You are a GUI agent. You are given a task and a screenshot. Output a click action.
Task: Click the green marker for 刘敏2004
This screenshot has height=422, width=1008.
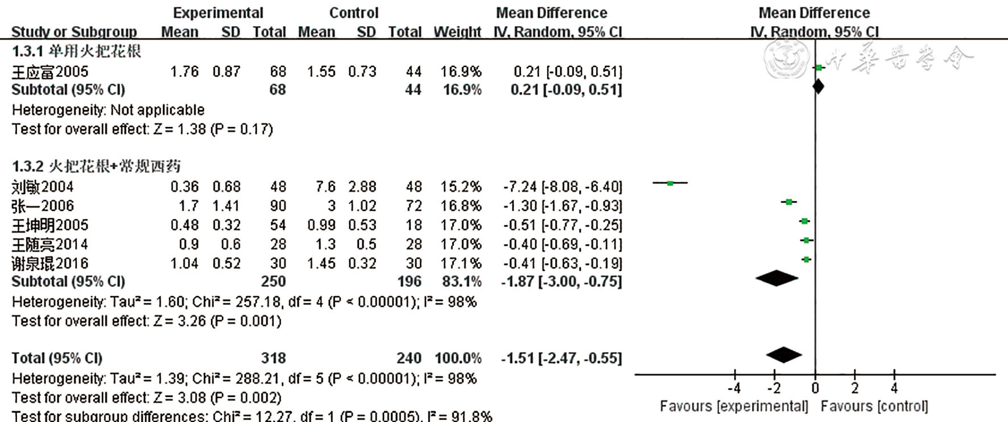click(x=670, y=183)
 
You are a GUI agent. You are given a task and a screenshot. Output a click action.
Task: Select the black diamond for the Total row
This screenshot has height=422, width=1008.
click(x=784, y=355)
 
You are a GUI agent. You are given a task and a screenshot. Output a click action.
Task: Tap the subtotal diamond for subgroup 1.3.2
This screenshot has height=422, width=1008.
click(x=777, y=278)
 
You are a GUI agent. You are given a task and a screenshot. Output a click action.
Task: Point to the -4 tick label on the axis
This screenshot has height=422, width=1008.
click(x=734, y=388)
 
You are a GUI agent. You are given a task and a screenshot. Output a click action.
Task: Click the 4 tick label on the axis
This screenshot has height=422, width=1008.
click(x=894, y=388)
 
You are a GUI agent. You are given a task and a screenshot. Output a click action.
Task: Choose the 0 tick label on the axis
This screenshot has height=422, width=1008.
click(x=815, y=388)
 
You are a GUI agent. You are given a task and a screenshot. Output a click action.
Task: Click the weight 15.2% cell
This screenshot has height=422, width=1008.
click(x=461, y=187)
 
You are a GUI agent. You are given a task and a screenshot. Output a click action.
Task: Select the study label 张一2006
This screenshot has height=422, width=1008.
click(x=43, y=206)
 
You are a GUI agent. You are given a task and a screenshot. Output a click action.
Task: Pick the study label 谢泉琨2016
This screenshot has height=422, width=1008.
click(x=50, y=263)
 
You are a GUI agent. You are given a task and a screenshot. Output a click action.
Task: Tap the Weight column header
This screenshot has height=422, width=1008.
click(x=457, y=32)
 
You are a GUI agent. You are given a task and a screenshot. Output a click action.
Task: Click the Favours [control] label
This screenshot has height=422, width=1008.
click(x=874, y=406)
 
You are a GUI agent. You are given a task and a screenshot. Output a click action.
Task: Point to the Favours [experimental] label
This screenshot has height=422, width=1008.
click(x=734, y=406)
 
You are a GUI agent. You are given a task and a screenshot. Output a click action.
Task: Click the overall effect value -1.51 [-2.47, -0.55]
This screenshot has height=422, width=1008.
click(x=561, y=358)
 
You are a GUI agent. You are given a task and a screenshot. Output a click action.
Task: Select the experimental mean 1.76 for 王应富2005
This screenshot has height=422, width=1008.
click(x=184, y=72)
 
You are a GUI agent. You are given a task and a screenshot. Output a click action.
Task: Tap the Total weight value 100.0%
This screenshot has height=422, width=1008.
click(x=458, y=358)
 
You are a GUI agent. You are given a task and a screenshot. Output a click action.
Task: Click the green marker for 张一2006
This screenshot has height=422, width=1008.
click(x=788, y=202)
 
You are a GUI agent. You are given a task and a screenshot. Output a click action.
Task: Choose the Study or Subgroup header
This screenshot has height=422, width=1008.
click(x=74, y=32)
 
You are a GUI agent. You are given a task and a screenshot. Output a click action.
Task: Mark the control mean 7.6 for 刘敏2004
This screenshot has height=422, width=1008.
click(x=326, y=187)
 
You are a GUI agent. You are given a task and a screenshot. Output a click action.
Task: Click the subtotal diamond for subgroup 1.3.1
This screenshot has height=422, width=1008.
click(x=818, y=86)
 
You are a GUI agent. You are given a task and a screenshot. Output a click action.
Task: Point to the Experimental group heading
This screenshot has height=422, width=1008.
click(x=218, y=13)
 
